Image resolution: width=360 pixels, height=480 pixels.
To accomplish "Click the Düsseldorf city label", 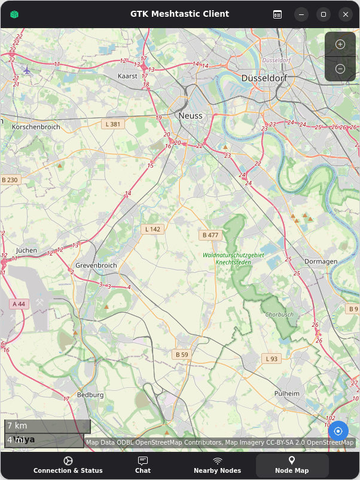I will point(264,78).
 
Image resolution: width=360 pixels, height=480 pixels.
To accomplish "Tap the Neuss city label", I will point(190,116).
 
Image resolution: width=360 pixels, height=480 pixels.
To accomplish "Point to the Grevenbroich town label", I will point(95,265).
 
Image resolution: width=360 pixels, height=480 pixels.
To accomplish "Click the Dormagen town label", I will point(321,262).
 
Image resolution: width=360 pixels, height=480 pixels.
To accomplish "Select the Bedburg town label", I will point(91,395).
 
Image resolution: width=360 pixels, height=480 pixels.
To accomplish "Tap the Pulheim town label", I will point(286,393).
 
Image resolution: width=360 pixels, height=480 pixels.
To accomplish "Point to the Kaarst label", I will point(127,77).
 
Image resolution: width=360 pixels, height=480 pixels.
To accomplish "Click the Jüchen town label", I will point(26,250).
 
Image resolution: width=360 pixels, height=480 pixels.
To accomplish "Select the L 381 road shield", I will point(112,124).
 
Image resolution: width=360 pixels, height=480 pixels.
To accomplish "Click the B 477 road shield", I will point(210,235).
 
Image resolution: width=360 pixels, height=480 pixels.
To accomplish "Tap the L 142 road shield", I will point(152,229).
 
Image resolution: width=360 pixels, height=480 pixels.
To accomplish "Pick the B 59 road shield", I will point(182,355).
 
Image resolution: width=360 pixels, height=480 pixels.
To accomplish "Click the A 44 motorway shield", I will point(19,304).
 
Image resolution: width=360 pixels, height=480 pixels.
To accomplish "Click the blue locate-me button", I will point(338,431).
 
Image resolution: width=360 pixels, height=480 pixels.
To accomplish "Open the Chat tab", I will point(143,465).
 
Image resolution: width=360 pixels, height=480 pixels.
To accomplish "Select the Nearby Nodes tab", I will point(217,465).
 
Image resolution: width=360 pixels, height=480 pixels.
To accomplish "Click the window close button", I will point(344,14).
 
